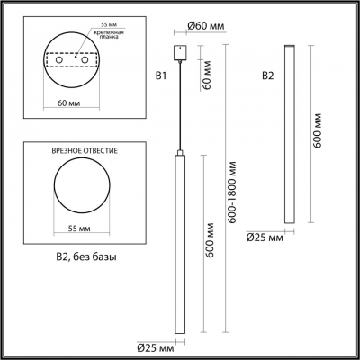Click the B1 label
tap(161, 76)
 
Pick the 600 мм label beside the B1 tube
tap(209, 242)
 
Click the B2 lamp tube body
tap(288, 135)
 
